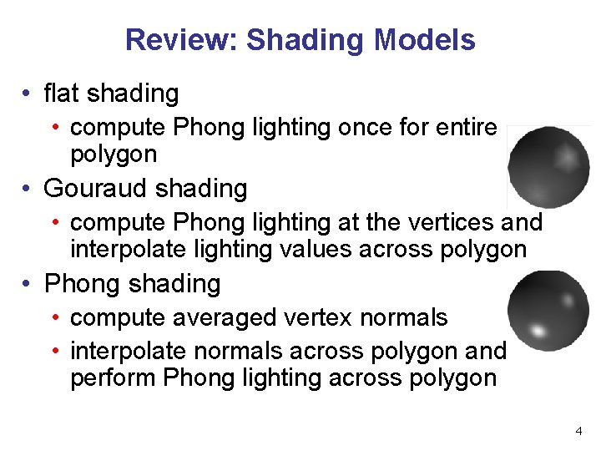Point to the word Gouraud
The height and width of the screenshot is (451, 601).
[x=95, y=189]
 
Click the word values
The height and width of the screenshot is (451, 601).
[x=317, y=249]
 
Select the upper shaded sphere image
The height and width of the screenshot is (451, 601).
[x=548, y=167]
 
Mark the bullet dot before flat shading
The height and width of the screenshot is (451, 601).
[x=28, y=94]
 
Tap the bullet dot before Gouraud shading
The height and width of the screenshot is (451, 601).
[x=28, y=190]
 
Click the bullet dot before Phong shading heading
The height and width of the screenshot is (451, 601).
[x=28, y=285]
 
